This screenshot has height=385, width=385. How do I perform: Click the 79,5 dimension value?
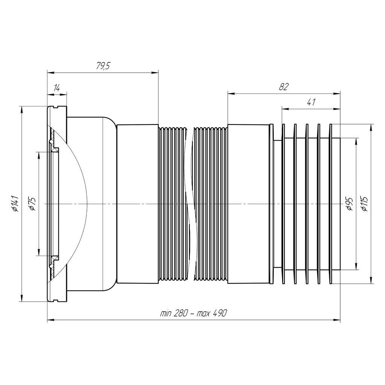click(x=103, y=67)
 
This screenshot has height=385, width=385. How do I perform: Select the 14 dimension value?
click(x=56, y=88)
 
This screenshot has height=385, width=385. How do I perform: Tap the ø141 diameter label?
click(x=15, y=203)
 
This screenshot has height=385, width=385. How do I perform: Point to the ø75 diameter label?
click(x=32, y=203)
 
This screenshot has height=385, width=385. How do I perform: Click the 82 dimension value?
click(x=283, y=87)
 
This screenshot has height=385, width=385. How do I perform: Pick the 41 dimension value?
click(x=311, y=102)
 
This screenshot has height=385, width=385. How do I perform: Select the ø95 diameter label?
click(x=349, y=203)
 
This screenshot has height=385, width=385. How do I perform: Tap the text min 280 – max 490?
click(x=194, y=313)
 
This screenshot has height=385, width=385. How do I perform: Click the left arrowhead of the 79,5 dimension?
click(x=50, y=73)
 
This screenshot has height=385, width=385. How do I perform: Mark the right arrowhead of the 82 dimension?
click(x=337, y=94)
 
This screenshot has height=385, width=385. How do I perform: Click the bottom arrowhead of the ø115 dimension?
click(x=371, y=280)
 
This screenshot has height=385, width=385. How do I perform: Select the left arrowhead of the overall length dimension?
click(x=50, y=320)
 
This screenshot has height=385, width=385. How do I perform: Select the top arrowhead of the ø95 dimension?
click(x=356, y=140)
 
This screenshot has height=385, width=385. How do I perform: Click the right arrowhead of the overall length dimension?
click(x=337, y=320)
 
